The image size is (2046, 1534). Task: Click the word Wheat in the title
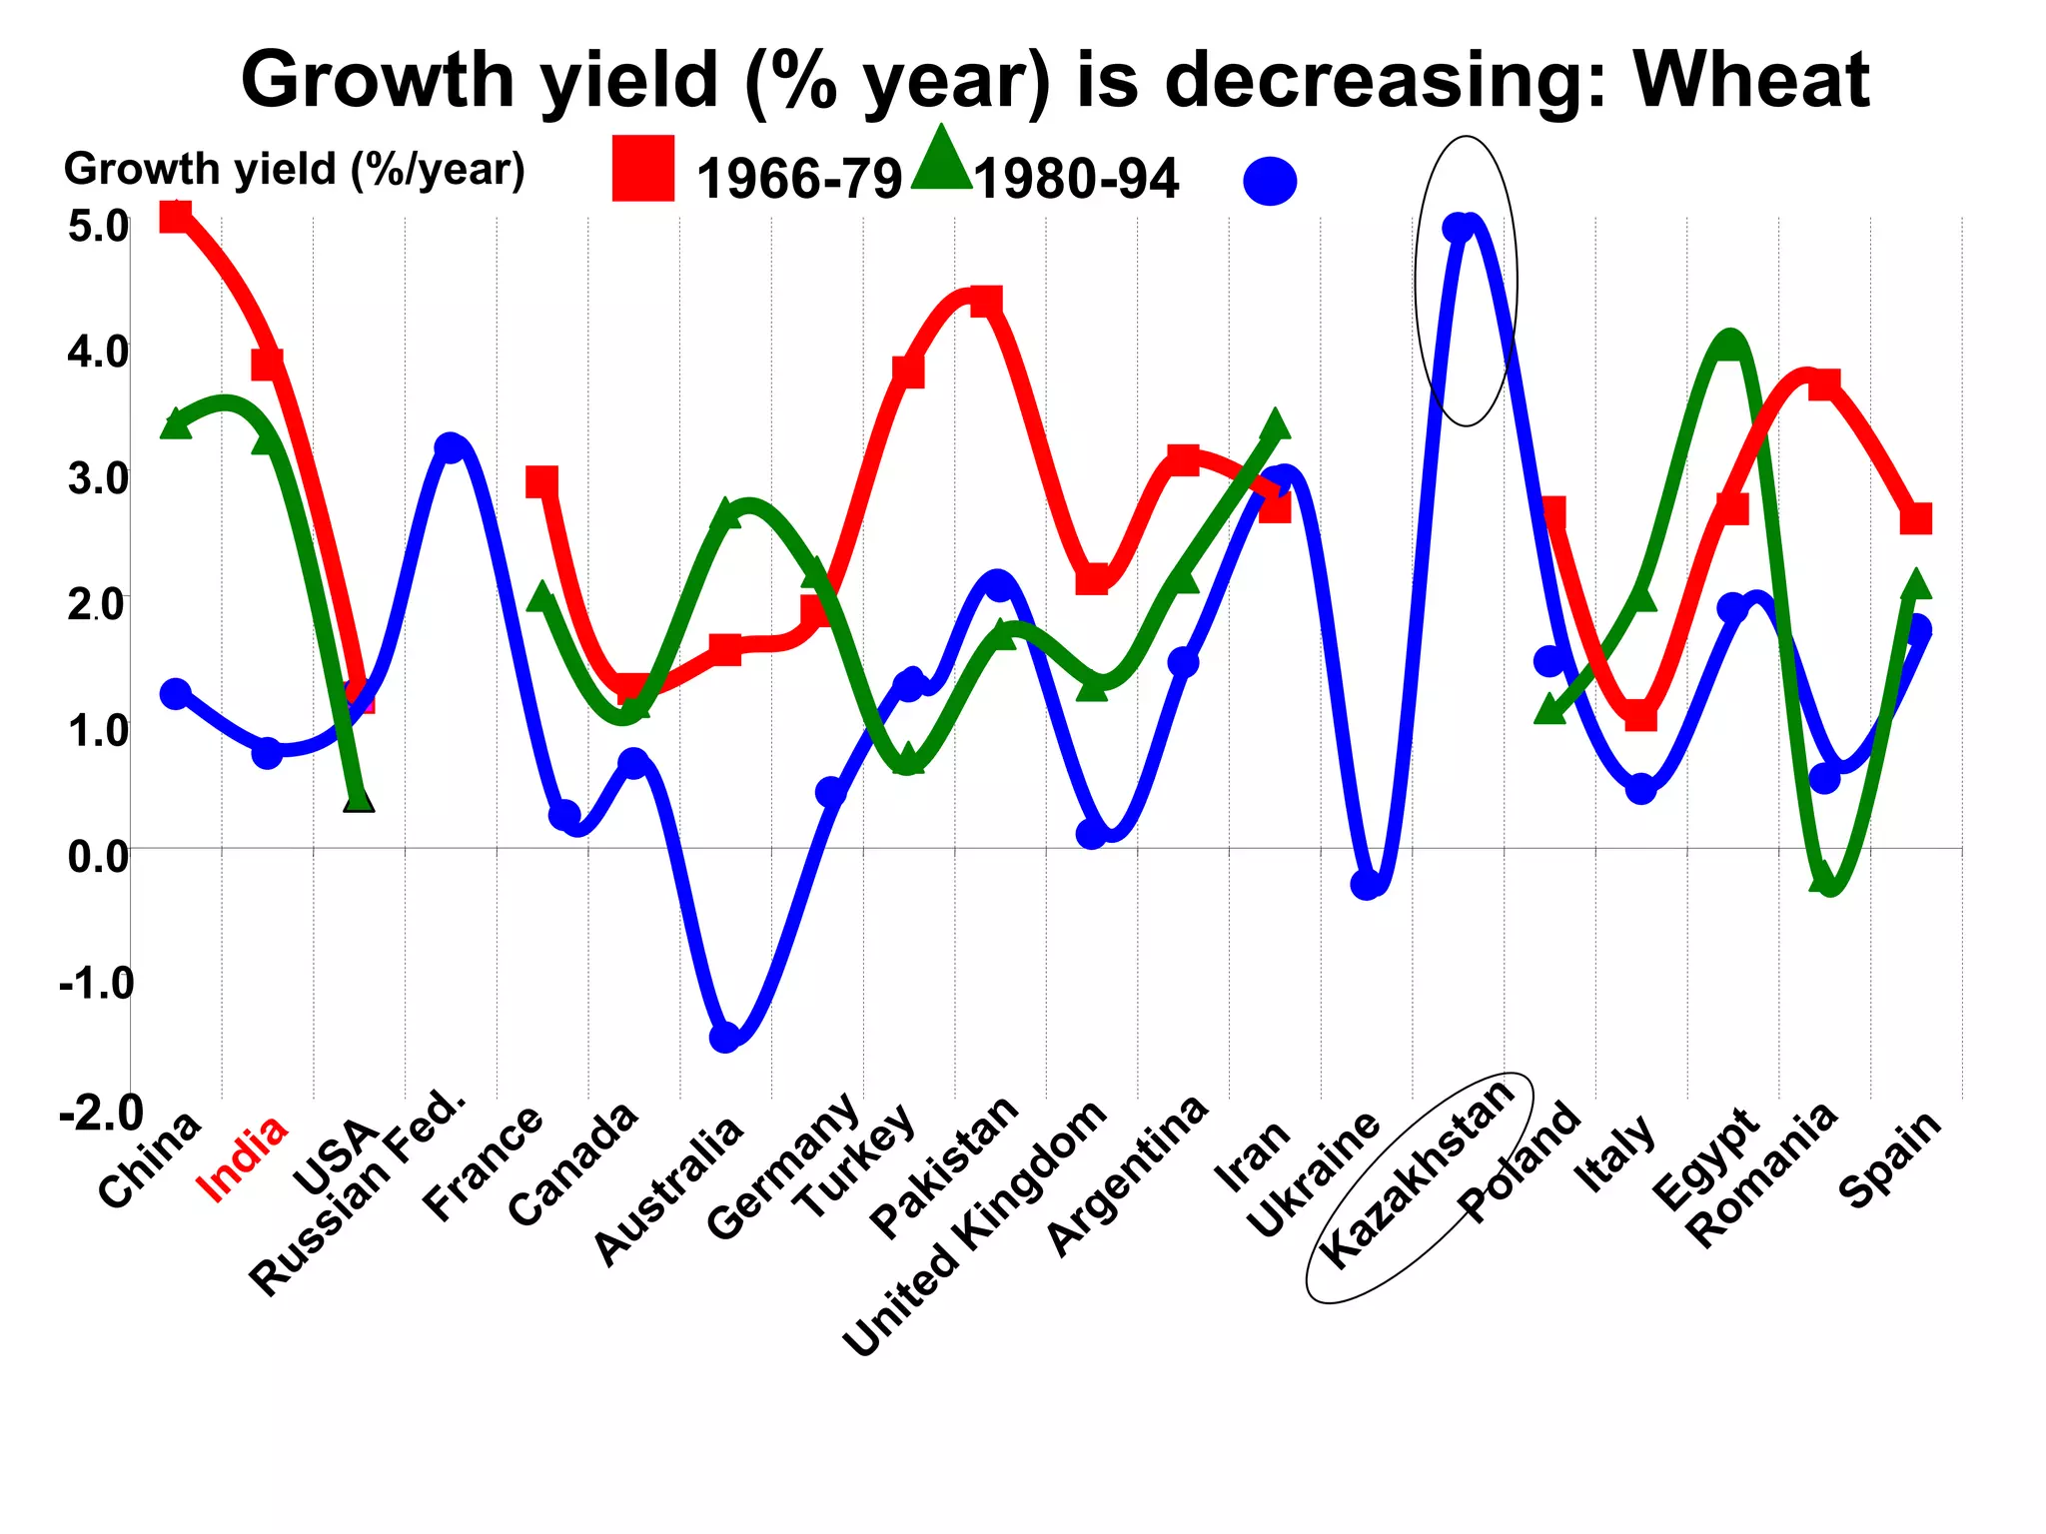tap(1750, 80)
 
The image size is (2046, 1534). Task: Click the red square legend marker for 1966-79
tap(642, 168)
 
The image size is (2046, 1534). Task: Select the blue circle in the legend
tap(1270, 182)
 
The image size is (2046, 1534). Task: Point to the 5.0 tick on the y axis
tap(98, 227)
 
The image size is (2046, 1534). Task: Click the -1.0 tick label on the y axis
tap(96, 983)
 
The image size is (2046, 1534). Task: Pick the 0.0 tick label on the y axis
tap(98, 856)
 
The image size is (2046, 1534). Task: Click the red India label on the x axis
tap(243, 1158)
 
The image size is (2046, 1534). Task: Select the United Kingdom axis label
tap(975, 1228)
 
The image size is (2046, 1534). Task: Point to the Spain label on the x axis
tap(1891, 1158)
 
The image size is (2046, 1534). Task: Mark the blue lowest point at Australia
tap(725, 1038)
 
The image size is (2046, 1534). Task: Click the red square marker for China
tap(176, 216)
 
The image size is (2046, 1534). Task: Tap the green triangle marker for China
tap(176, 423)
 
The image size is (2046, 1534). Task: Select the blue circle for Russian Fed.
tap(451, 447)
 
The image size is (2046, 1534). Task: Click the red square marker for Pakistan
tap(985, 301)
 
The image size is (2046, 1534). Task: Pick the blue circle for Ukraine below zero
tap(1367, 884)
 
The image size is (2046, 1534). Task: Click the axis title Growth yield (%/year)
tap(294, 170)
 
